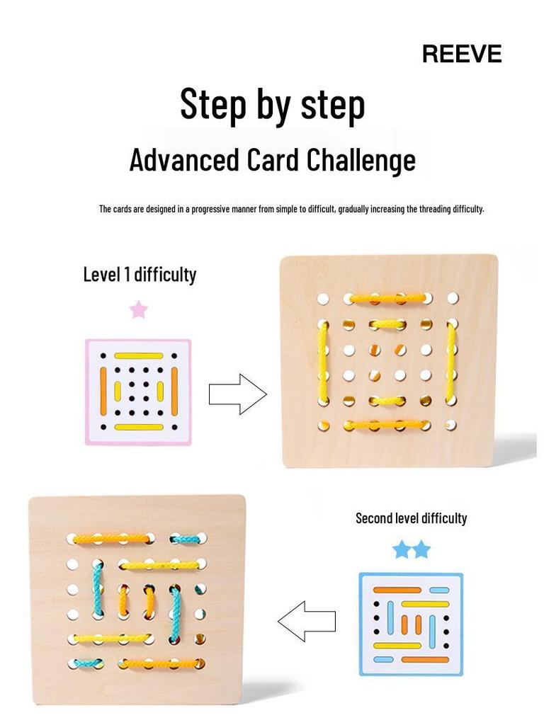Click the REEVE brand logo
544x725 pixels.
pyautogui.click(x=462, y=54)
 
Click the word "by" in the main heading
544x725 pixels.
pyautogui.click(x=272, y=105)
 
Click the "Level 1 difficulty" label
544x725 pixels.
pyautogui.click(x=140, y=274)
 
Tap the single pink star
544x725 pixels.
pyautogui.click(x=139, y=309)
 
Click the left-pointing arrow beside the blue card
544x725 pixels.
pyautogui.click(x=306, y=621)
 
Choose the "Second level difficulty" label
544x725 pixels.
pyautogui.click(x=411, y=518)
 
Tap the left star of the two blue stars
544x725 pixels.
pyautogui.click(x=402, y=549)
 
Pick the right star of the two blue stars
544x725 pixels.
pyautogui.click(x=421, y=549)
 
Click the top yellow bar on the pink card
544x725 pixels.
pyautogui.click(x=139, y=355)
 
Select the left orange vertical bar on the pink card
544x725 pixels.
pyautogui.click(x=103, y=392)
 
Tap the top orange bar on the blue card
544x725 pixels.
pyautogui.click(x=397, y=590)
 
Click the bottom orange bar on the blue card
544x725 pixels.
pyautogui.click(x=425, y=659)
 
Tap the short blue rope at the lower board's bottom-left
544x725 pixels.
pyautogui.click(x=85, y=663)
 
